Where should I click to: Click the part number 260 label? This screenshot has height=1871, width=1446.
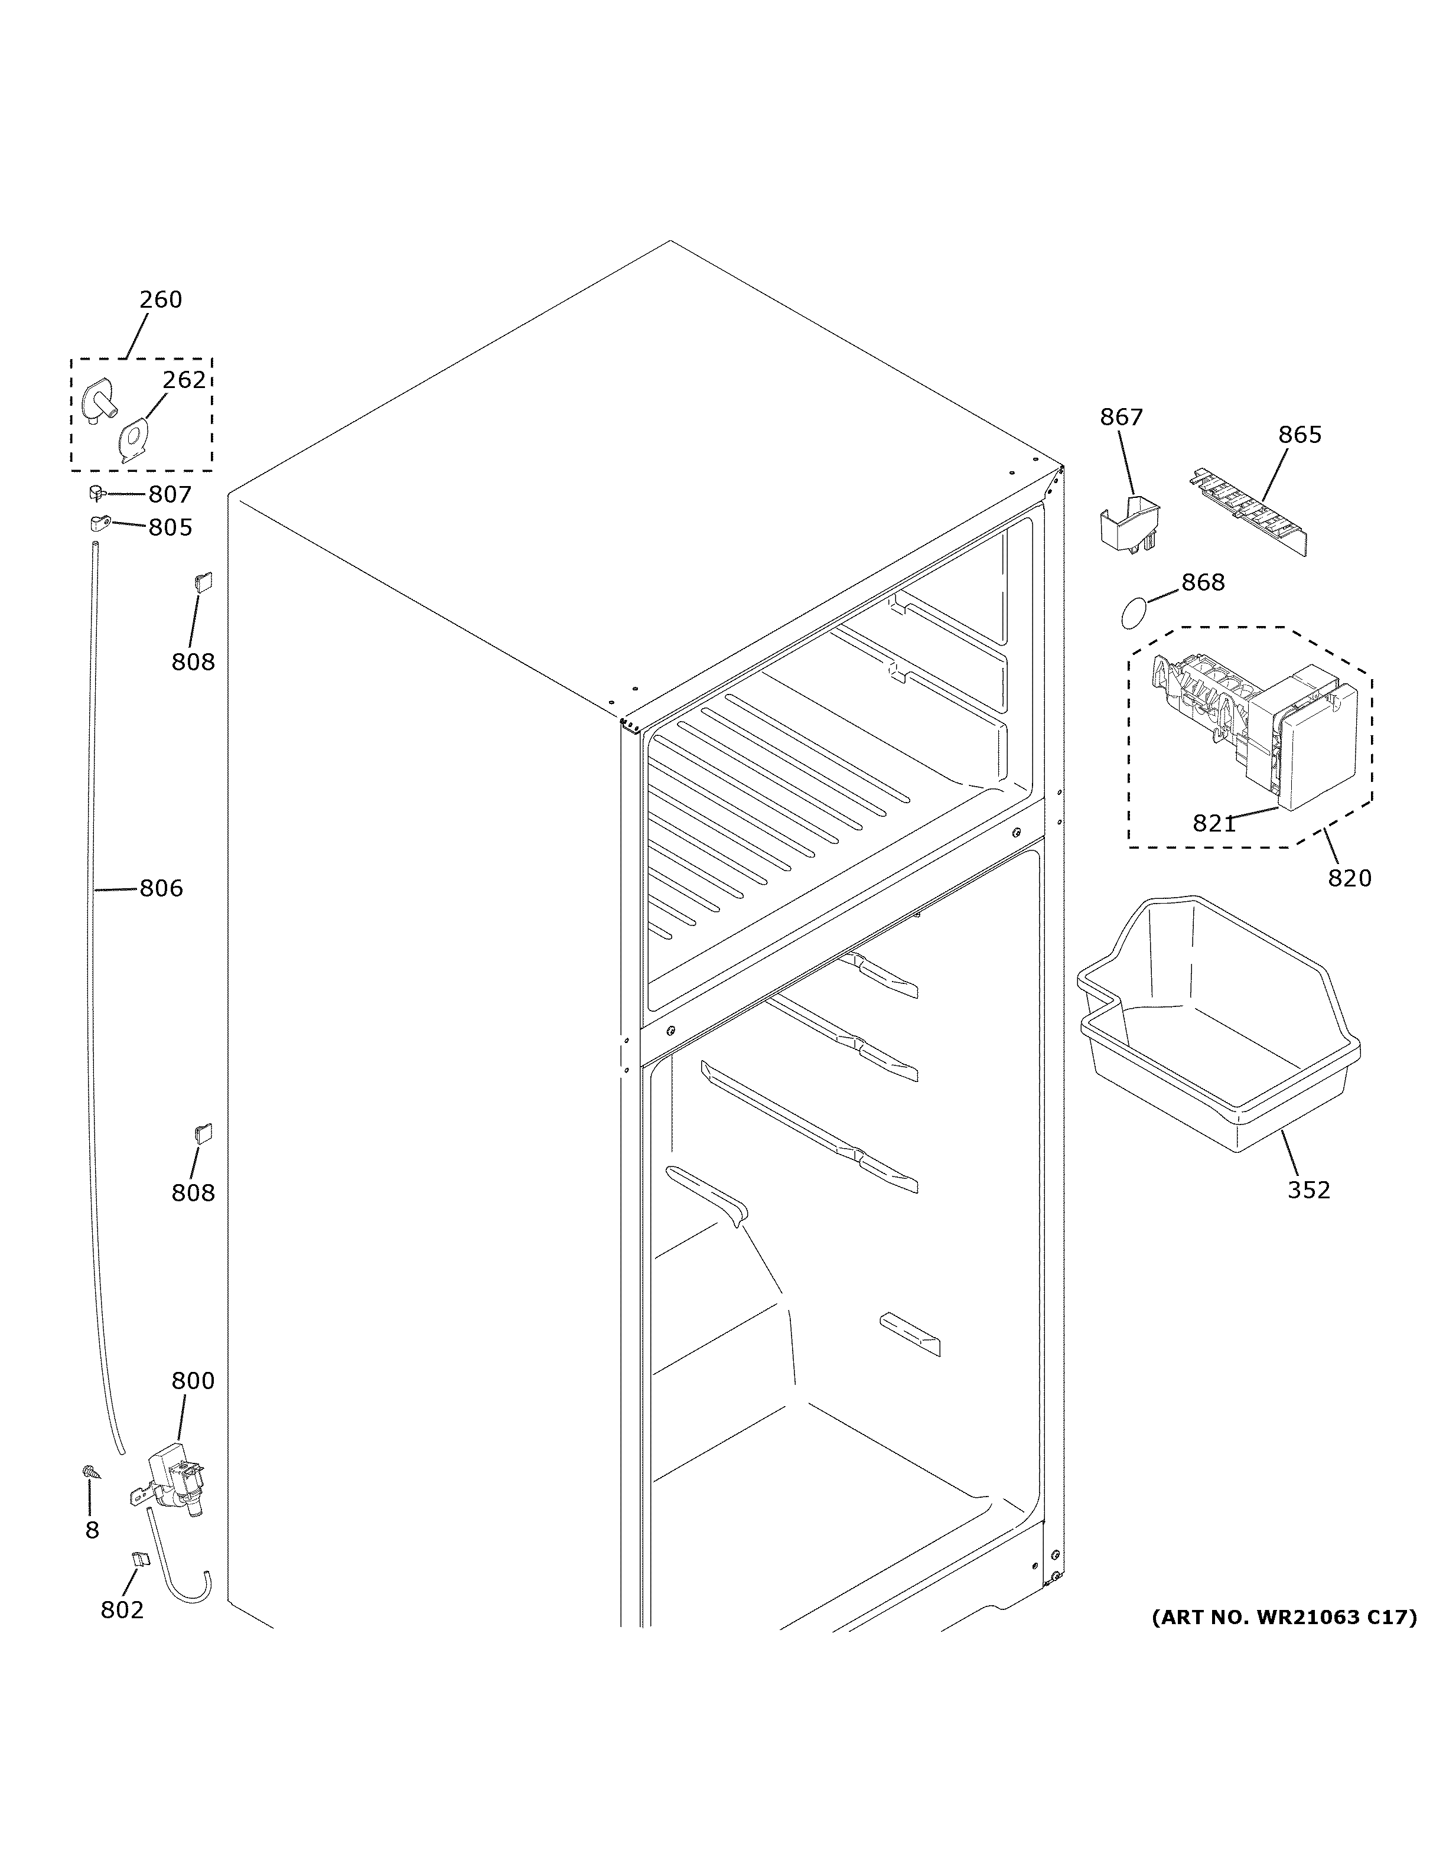pos(161,300)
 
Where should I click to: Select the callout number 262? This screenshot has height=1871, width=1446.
pos(184,380)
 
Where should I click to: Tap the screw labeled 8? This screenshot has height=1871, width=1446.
pos(88,1472)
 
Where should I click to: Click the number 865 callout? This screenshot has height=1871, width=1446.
pos(1300,435)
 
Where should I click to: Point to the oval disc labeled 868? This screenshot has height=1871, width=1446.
pos(1134,614)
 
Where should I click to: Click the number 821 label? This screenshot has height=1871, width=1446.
pos(1214,824)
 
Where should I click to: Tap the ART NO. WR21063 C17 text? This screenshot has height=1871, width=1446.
pos(1283,1618)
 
